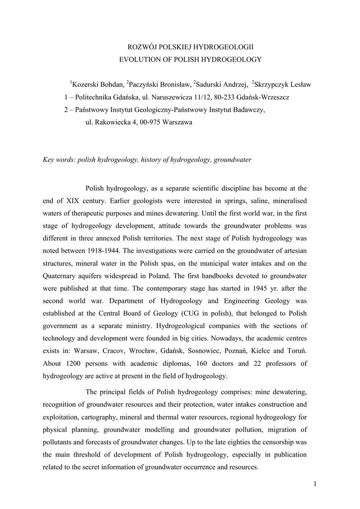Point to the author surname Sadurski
(211, 85)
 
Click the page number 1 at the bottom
(315, 485)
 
